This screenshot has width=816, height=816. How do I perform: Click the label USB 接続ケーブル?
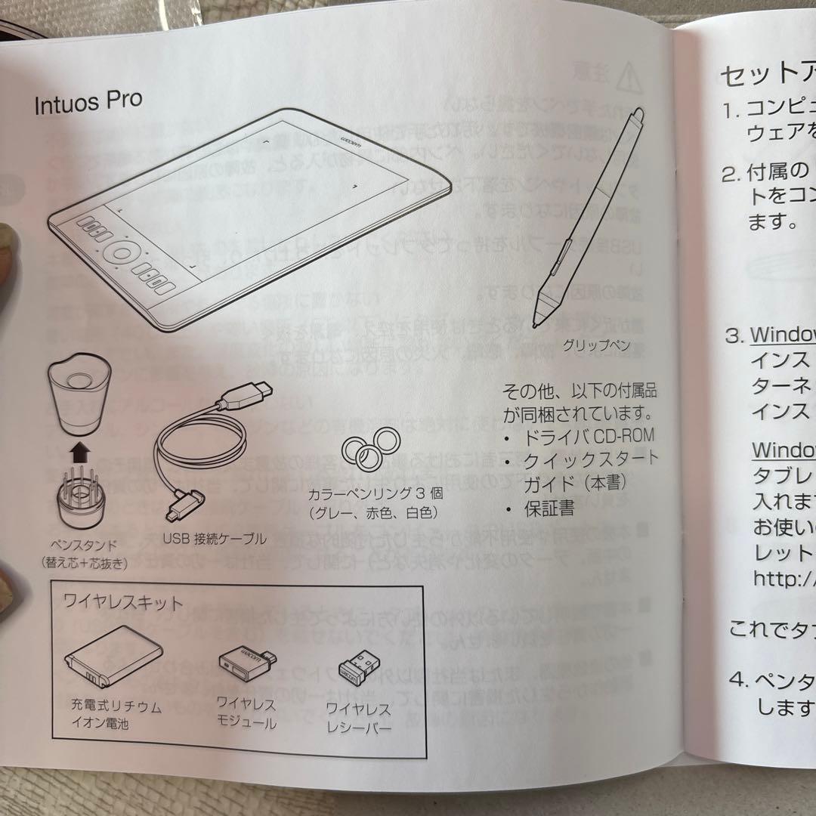point(215,539)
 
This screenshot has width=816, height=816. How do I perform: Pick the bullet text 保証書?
point(549,508)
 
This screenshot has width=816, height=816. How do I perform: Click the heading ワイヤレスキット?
point(123,603)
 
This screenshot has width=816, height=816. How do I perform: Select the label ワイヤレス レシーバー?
point(358,720)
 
